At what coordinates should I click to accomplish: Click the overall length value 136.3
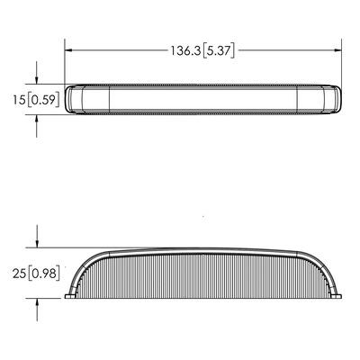coord(185,51)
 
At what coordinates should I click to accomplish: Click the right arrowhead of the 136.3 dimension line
coord(340,51)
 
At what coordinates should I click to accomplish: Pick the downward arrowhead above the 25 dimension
coord(36,243)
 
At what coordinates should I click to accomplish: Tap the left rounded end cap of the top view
coord(76,100)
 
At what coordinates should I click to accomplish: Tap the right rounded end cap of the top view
coord(337,100)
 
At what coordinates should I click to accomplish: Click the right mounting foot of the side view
coord(342,295)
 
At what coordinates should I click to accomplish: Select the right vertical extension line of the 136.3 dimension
coord(345,63)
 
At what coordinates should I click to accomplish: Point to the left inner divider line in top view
coord(111,100)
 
